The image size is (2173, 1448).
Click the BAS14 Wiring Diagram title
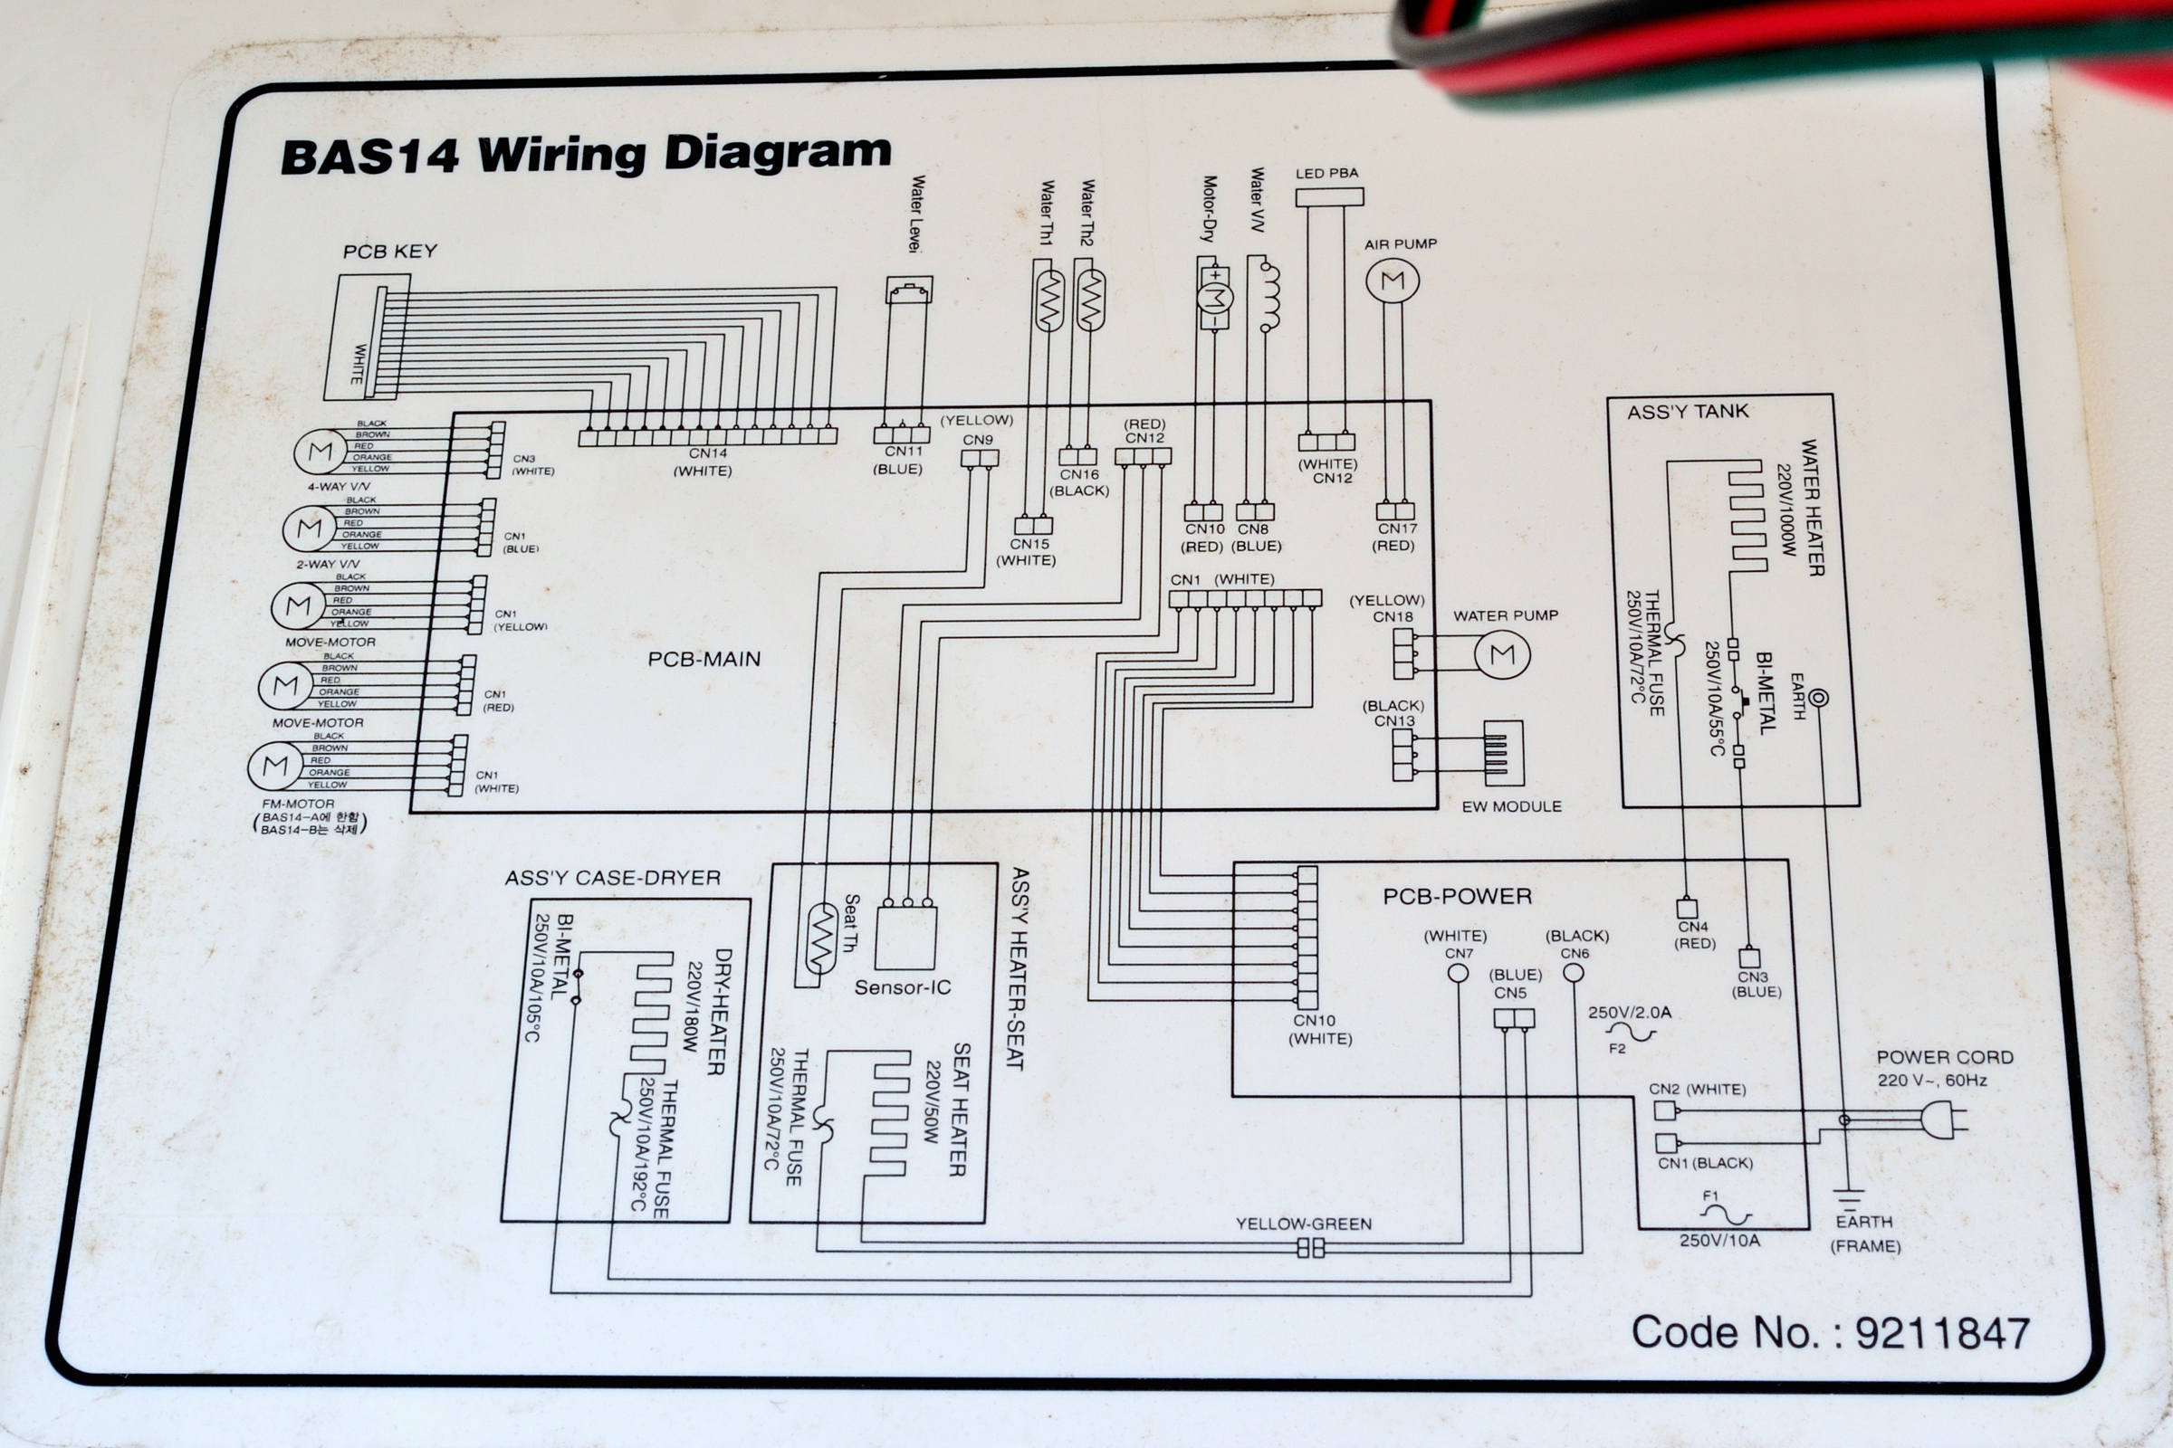click(585, 154)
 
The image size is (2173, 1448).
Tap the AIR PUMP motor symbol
click(1393, 281)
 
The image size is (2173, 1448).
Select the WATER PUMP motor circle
click(1502, 654)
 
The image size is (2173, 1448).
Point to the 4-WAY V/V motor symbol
click(320, 452)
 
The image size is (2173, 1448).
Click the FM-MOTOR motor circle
click(274, 765)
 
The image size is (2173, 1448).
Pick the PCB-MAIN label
click(704, 660)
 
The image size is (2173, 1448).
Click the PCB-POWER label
click(1457, 896)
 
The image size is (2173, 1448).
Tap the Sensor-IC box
click(905, 938)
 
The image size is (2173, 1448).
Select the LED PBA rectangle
click(1328, 196)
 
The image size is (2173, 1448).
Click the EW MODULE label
click(1511, 806)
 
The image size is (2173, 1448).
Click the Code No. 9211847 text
click(1829, 1332)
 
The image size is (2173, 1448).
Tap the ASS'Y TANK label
click(1687, 412)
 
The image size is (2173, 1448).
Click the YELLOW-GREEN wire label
click(1304, 1224)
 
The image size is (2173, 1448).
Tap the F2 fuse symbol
click(1629, 1032)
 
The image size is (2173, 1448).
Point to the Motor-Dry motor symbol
click(1214, 299)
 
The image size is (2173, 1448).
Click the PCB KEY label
click(390, 252)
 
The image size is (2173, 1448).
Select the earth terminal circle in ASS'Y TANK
click(1817, 698)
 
